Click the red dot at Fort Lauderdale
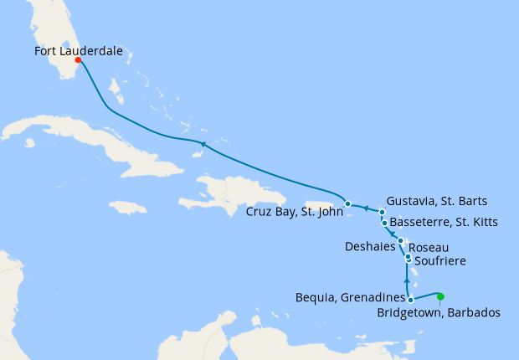(78, 60)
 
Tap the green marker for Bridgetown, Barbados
(440, 296)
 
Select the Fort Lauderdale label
(79, 51)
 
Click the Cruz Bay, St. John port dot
(347, 203)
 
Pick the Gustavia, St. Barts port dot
(382, 212)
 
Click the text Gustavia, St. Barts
(437, 202)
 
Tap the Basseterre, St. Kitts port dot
(384, 224)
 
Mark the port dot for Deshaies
(401, 241)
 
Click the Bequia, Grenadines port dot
(410, 299)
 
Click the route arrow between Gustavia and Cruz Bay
(366, 207)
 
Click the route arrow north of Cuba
(202, 145)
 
